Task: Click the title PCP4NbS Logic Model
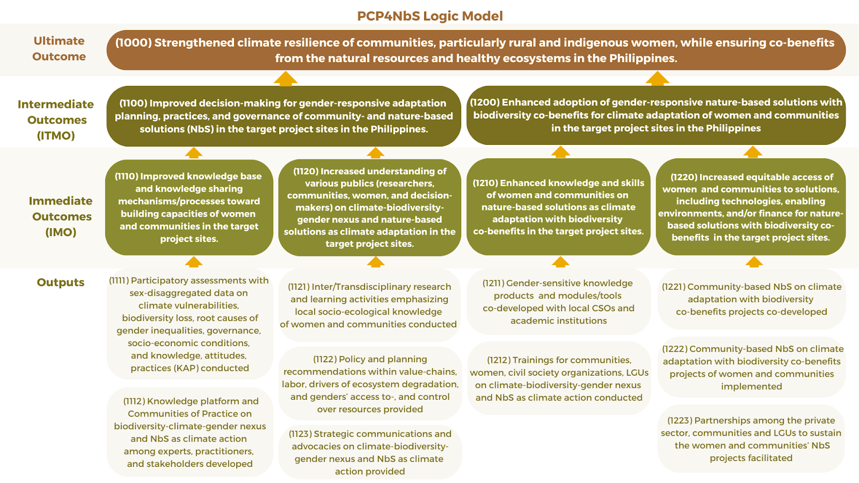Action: [429, 16]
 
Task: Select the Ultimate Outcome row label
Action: [59, 49]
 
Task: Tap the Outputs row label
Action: [61, 282]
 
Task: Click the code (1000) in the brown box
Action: [133, 42]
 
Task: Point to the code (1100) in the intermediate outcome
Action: [133, 103]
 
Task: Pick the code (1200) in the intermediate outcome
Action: [484, 103]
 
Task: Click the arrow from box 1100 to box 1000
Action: [285, 78]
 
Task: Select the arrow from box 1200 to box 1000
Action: [657, 78]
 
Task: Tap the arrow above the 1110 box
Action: [194, 153]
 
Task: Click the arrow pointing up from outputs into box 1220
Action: [754, 262]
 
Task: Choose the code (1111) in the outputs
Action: [119, 281]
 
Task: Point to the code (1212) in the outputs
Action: [499, 360]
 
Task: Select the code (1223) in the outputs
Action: [680, 421]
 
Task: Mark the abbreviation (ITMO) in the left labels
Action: [56, 136]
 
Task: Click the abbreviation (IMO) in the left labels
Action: [61, 232]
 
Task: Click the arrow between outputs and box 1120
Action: [375, 262]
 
